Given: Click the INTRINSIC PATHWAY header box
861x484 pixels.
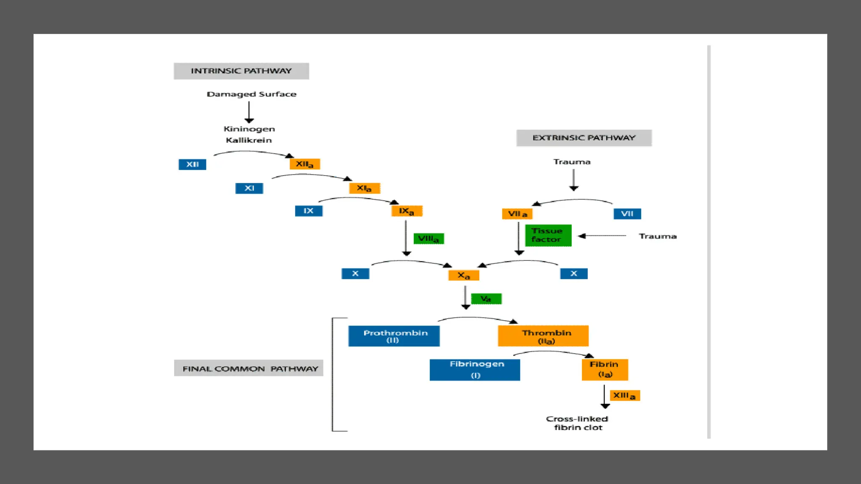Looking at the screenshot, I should tap(241, 71).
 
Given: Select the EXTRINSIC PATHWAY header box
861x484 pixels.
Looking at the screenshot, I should tap(584, 138).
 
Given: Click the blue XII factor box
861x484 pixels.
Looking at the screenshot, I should tap(193, 164).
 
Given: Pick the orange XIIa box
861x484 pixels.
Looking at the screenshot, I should tap(304, 164).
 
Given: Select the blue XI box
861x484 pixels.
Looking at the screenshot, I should tap(249, 188).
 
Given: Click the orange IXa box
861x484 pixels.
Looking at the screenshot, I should tap(407, 211).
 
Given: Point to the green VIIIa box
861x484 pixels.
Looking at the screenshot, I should tap(428, 239).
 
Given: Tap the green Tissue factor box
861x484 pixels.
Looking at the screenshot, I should tap(548, 235).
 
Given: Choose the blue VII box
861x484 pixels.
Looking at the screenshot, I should tap(627, 214).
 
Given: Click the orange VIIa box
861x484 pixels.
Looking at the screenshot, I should tap(517, 214).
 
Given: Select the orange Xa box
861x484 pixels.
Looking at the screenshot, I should tap(463, 276).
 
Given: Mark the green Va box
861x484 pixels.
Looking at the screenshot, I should tap(486, 299).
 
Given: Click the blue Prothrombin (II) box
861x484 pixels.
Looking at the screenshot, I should tap(394, 336).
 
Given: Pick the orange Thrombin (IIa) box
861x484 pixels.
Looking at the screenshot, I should tap(543, 336).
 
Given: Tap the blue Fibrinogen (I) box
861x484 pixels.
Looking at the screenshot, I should tap(475, 370).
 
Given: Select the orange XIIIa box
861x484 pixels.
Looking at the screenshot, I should tap(625, 395).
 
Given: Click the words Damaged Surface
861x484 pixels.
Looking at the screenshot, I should tap(251, 94).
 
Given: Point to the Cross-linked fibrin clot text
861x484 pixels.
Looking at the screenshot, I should tap(577, 423).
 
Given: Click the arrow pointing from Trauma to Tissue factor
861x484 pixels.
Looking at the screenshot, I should tap(602, 236).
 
